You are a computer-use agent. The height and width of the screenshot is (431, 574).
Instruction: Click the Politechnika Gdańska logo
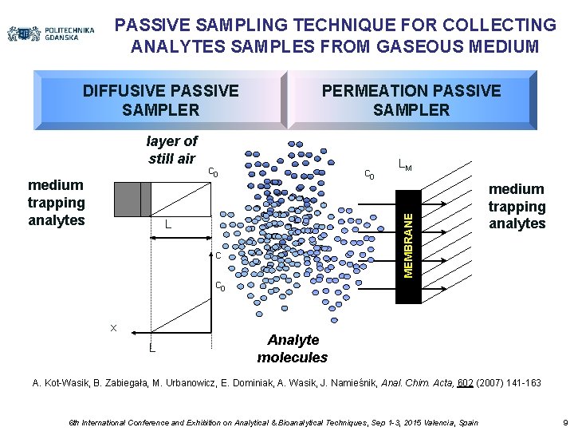51,34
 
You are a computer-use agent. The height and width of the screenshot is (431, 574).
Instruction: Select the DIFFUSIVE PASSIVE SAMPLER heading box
160,100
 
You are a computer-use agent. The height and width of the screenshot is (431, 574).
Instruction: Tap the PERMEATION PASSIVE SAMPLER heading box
411,100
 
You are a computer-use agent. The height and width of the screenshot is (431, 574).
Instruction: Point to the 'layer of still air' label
171,149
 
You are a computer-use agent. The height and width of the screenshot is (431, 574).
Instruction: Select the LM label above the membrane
405,165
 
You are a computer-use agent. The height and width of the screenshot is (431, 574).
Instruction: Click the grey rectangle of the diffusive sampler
132,199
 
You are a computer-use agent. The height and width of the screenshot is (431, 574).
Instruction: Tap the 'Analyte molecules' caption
293,348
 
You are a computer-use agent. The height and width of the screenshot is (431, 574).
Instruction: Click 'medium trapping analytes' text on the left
56,203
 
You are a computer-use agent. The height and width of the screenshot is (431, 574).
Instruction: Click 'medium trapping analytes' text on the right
517,206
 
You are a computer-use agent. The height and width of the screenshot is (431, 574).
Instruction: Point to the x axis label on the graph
113,327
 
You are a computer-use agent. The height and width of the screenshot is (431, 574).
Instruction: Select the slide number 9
564,421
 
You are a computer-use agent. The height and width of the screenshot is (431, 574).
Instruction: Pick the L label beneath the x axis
151,347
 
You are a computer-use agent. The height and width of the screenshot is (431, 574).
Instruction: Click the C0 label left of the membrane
369,175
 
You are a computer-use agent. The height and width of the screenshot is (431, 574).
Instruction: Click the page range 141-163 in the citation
521,383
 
